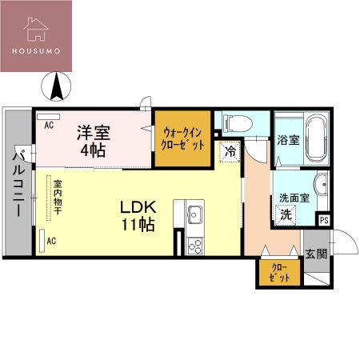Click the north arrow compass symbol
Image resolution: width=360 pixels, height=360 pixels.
(58, 86)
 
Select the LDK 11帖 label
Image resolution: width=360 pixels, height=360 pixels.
(138, 214)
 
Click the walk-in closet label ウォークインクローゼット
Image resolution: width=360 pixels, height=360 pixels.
(182, 138)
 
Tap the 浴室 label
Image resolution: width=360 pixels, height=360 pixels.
(289, 140)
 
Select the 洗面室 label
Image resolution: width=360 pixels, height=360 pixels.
(293, 198)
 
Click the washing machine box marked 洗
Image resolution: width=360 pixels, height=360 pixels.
(286, 214)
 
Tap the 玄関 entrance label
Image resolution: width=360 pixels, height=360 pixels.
(316, 254)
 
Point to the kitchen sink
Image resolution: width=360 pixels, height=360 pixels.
(194, 214)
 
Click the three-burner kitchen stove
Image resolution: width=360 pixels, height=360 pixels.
(194, 245)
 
